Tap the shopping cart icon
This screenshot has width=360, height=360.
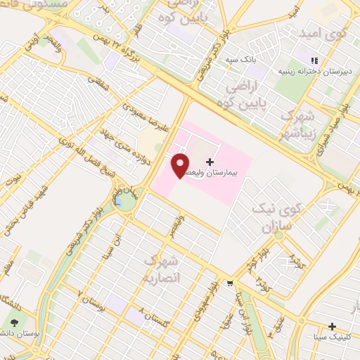230,283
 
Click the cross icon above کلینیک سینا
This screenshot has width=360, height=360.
332,326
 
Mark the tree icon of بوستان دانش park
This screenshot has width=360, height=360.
15,323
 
